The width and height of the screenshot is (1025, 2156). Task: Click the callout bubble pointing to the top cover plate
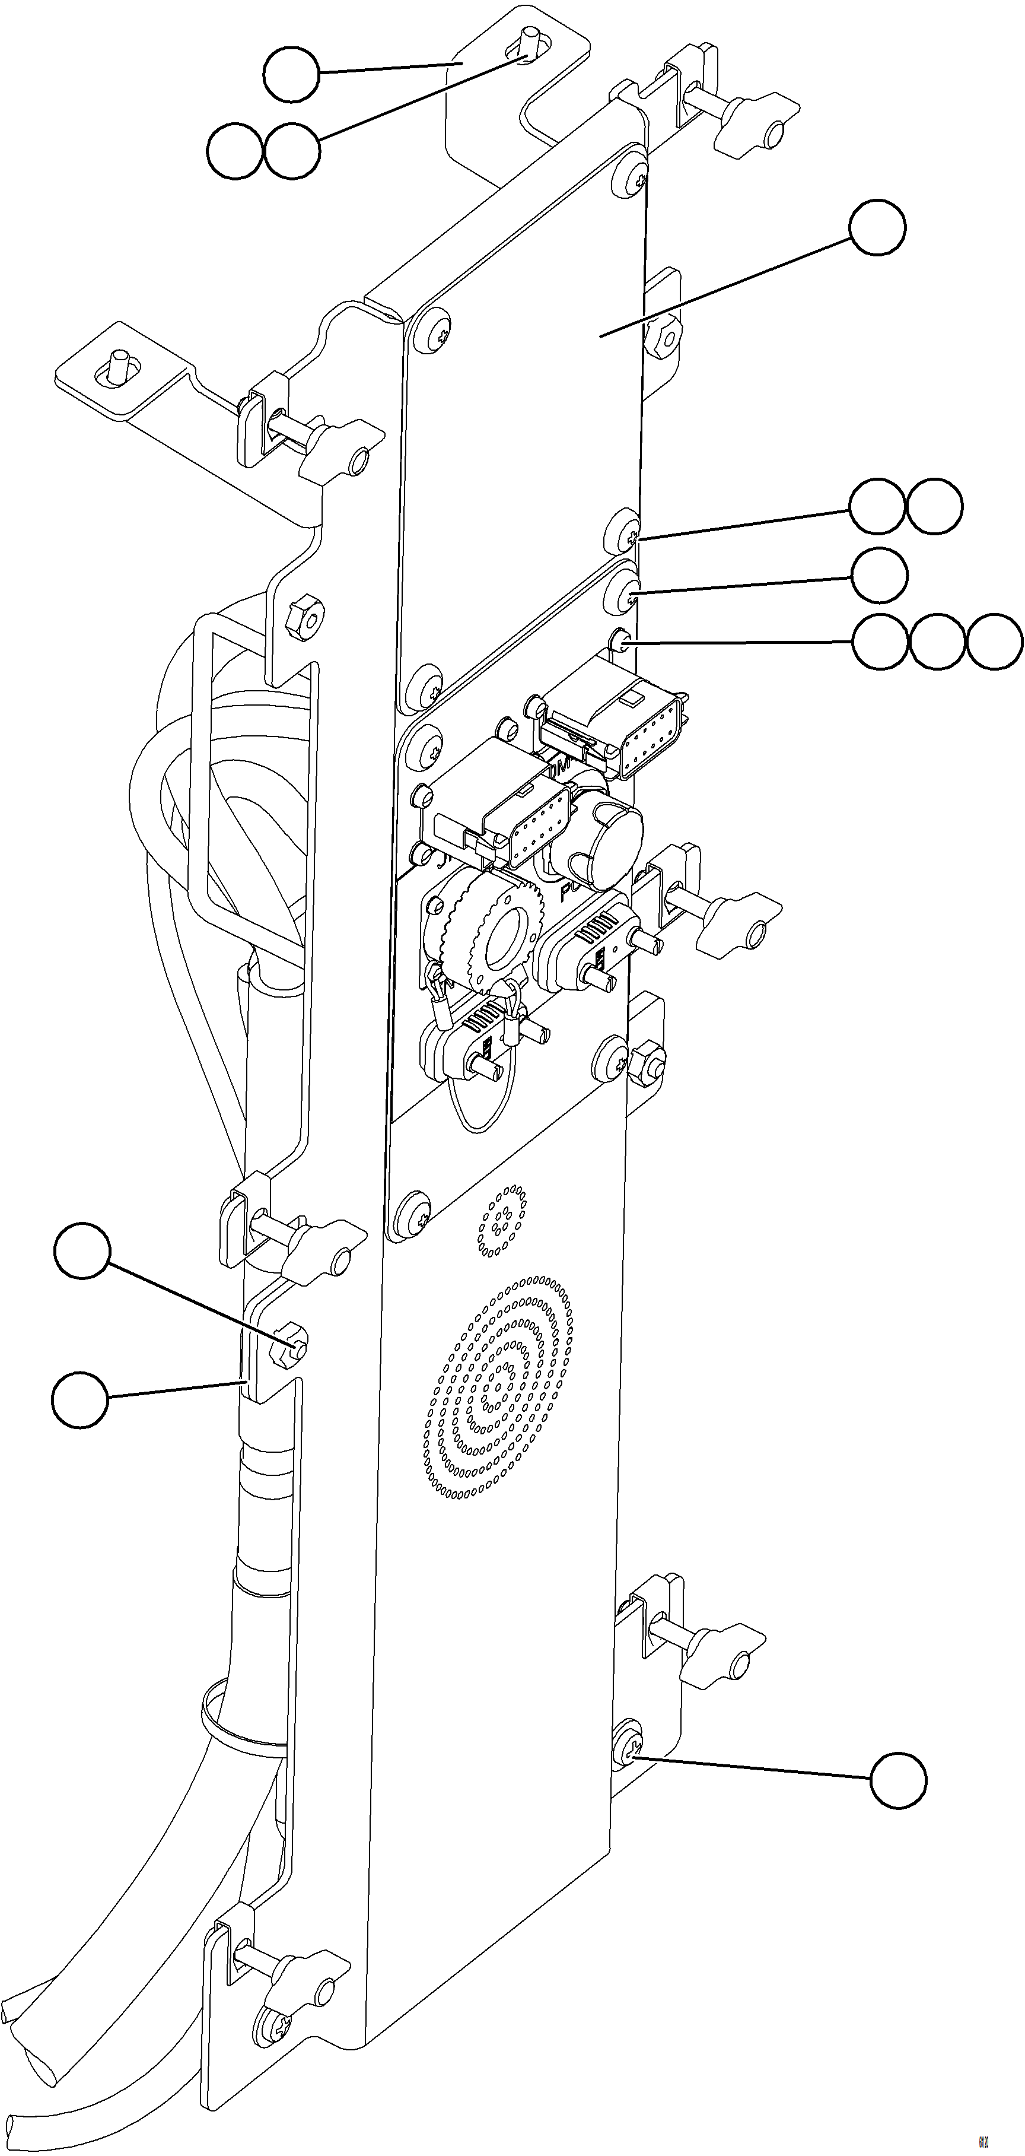pos(877,228)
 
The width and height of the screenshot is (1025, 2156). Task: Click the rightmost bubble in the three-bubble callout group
pos(994,642)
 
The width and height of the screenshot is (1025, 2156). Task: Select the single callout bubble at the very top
pos(291,75)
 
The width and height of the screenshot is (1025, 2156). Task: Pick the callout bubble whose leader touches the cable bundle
pos(79,1399)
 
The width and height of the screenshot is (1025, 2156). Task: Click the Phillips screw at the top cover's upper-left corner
pos(436,333)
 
